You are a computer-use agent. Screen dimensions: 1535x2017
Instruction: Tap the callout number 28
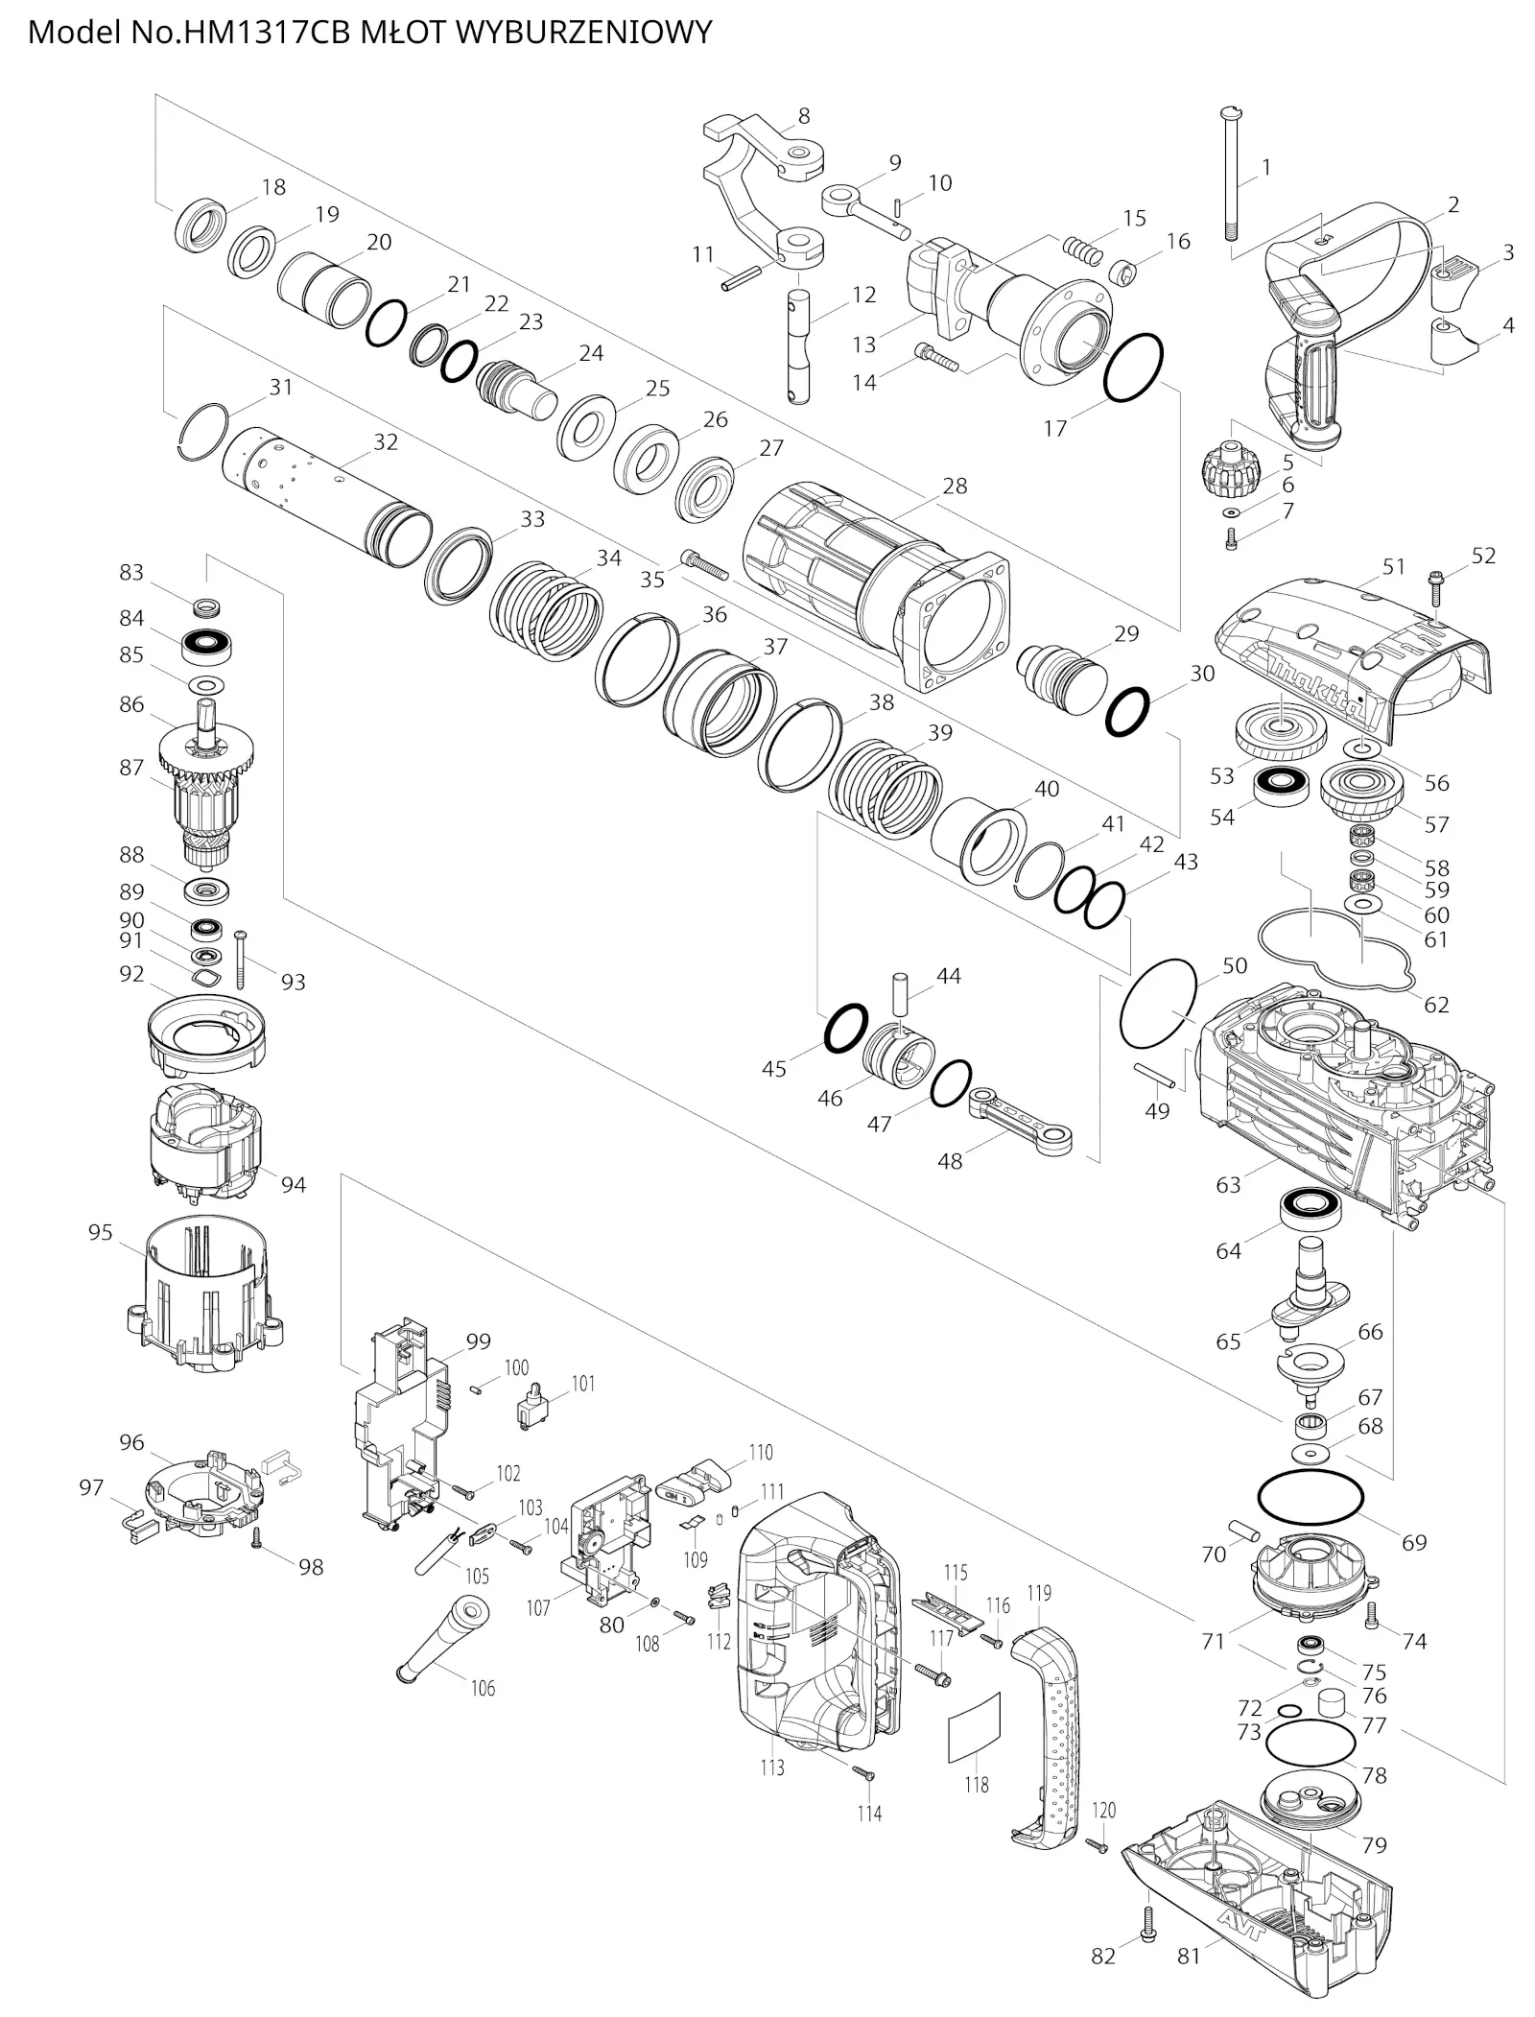pos(955,486)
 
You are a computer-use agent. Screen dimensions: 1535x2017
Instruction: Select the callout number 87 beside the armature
pos(131,768)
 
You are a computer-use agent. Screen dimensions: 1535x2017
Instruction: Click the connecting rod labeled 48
pos(1021,1120)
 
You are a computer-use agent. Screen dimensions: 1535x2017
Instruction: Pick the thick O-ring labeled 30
pos(1126,711)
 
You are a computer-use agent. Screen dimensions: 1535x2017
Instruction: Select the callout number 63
pos(1228,1185)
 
